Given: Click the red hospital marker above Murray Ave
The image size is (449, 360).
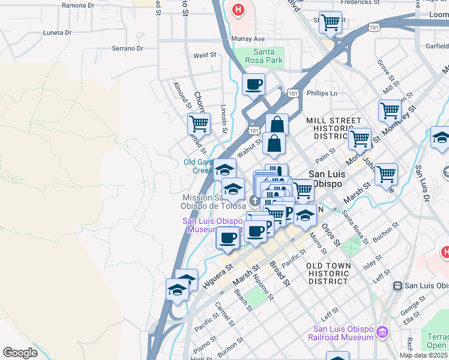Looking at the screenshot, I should click(239, 10).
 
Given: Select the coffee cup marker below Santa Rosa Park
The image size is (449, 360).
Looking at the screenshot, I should click(254, 85).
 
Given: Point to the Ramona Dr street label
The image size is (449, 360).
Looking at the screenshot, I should click(78, 5).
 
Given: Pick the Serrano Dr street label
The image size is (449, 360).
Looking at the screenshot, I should click(127, 49).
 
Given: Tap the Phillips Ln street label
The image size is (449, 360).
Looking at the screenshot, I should click(322, 94).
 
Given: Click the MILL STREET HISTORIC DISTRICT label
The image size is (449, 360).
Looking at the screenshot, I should click(334, 128).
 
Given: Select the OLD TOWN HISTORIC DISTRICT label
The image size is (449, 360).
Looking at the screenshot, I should click(327, 273).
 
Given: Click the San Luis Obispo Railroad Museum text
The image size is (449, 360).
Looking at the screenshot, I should click(343, 333).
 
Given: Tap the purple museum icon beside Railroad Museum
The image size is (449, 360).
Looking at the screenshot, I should click(382, 331).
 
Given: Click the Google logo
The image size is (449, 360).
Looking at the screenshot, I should click(20, 353).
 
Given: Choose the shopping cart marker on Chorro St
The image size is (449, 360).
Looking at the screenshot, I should click(199, 124).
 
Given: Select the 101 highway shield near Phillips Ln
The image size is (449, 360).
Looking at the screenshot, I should click(293, 93).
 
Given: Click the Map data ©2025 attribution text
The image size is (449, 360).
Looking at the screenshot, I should click(423, 355).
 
